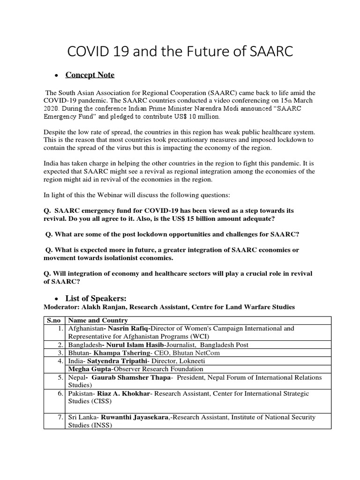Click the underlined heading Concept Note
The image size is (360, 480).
[x=90, y=75]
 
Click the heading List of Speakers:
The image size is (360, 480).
[x=97, y=299]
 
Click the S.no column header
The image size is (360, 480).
[x=54, y=321]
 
